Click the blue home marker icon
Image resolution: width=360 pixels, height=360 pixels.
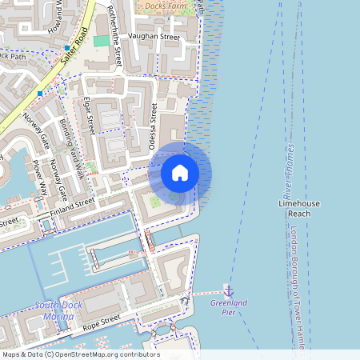point(180,172)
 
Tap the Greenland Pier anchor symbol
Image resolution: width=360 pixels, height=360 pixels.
point(228,290)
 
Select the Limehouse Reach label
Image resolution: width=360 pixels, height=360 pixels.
point(298,209)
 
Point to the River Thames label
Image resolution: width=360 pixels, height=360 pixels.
point(288,172)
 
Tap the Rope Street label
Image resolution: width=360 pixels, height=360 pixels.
point(100,322)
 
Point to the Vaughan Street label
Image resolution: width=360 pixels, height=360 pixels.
point(154,37)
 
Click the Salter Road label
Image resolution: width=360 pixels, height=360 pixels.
point(75,42)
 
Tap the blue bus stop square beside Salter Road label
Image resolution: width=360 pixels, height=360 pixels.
point(67,48)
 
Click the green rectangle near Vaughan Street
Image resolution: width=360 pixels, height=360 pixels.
point(102,41)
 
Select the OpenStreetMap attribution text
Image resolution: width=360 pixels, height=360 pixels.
point(80,354)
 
